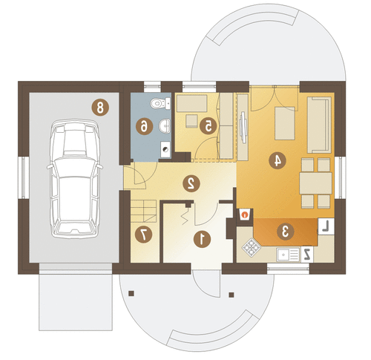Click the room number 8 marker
[x=100, y=108]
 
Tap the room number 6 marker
[x=144, y=127]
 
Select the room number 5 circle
[x=208, y=125]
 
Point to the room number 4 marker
[x=278, y=160]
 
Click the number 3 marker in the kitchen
[x=286, y=232]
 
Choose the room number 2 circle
[x=191, y=183]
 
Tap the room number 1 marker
[x=203, y=239]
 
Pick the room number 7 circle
[x=144, y=234]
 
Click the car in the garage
[x=75, y=179]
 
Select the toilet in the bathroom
[x=160, y=104]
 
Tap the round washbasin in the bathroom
[x=164, y=126]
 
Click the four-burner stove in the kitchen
[x=252, y=247]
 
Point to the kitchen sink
[x=288, y=255]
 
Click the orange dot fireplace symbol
[x=245, y=215]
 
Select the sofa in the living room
[x=319, y=125]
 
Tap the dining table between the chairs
[x=315, y=183]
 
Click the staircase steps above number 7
[x=143, y=211]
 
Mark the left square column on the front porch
[x=131, y=293]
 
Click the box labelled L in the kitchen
[x=326, y=226]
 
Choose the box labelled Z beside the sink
[x=307, y=254]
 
